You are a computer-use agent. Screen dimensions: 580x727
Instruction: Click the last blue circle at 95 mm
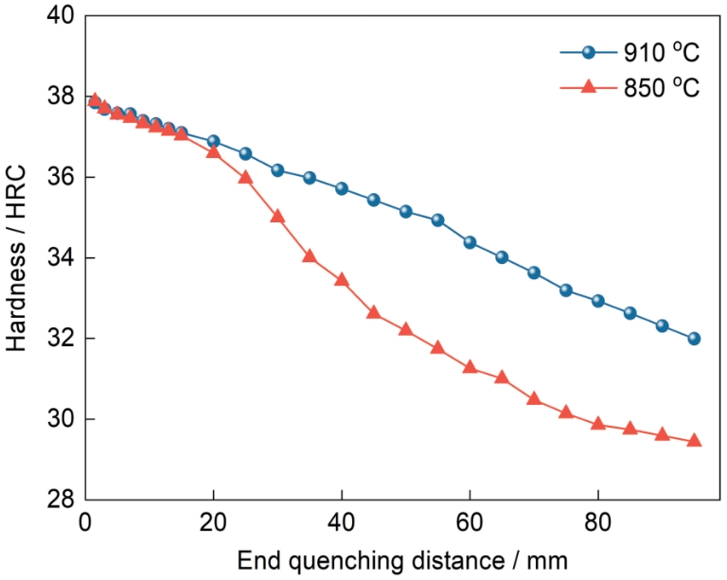point(694,339)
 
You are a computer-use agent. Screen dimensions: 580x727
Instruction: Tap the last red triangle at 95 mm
point(694,441)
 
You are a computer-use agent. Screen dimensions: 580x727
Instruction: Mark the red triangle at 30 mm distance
point(277,216)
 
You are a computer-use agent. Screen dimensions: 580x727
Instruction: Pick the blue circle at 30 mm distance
point(277,170)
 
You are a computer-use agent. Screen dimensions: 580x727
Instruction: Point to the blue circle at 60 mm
point(470,242)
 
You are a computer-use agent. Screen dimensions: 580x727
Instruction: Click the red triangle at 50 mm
point(405,329)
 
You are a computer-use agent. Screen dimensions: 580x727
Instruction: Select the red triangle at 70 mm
point(534,398)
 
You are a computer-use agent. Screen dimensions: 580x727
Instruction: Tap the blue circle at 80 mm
point(597,301)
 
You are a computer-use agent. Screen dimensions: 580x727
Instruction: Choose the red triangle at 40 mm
point(342,280)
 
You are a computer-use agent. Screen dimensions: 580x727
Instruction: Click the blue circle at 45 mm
point(374,200)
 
